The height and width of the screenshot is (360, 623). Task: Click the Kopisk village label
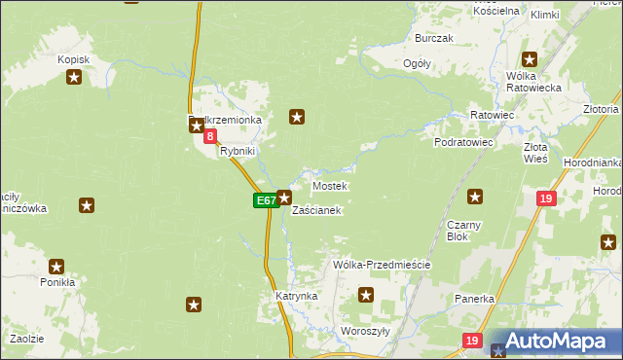[73, 60]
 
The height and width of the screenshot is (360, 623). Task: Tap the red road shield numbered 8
[210, 137]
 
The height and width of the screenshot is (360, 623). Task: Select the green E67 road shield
[266, 200]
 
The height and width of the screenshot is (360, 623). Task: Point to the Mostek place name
[329, 185]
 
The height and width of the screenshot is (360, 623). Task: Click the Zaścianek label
[316, 210]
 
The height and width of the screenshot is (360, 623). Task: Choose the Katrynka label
[297, 295]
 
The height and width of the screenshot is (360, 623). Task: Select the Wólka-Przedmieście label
[382, 265]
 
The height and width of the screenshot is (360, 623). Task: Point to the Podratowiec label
[464, 142]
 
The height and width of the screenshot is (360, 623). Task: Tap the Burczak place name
[434, 38]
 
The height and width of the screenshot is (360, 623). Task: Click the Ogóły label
[417, 63]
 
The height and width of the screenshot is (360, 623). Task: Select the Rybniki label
[238, 152]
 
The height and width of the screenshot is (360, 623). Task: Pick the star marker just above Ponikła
[56, 266]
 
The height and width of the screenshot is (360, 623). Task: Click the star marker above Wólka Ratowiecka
[530, 58]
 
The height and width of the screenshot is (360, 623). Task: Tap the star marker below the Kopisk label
[74, 80]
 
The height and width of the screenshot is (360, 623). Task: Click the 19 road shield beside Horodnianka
[546, 198]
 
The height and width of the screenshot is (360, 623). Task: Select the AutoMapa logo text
[563, 342]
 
